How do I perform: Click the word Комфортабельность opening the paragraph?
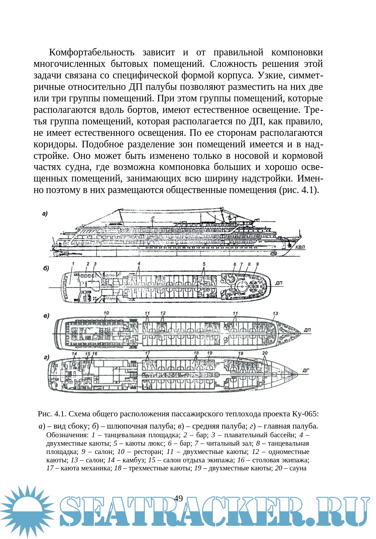tap(92, 52)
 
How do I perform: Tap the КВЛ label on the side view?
tap(300, 247)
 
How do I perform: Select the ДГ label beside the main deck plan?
tap(305, 370)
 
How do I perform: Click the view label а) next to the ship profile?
tap(45, 214)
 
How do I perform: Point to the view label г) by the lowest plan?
tap(46, 357)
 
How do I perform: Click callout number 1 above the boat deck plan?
tap(73, 264)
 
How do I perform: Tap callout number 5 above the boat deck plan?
tap(204, 264)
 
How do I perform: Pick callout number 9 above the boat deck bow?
tap(257, 264)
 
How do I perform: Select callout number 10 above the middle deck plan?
tap(106, 313)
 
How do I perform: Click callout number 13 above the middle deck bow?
tap(275, 314)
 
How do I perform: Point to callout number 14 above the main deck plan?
tap(74, 354)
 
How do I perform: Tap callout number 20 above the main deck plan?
tap(265, 353)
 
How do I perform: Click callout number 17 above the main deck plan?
tap(148, 353)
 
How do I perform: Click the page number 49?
tap(178, 498)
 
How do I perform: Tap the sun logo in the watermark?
tap(27, 511)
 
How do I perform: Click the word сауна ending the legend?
tap(298, 468)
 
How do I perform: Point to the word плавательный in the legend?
tap(244, 435)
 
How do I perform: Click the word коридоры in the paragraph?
tap(56, 144)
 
